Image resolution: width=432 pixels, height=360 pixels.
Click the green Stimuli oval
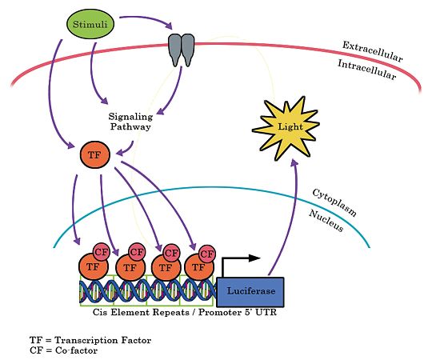click(x=90, y=26)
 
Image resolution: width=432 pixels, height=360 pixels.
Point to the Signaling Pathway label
click(x=130, y=121)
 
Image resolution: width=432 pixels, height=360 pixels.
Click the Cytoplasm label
click(x=334, y=203)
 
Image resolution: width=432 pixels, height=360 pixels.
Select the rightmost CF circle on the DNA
click(x=208, y=253)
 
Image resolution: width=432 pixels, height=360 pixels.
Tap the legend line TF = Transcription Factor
click(x=90, y=340)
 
